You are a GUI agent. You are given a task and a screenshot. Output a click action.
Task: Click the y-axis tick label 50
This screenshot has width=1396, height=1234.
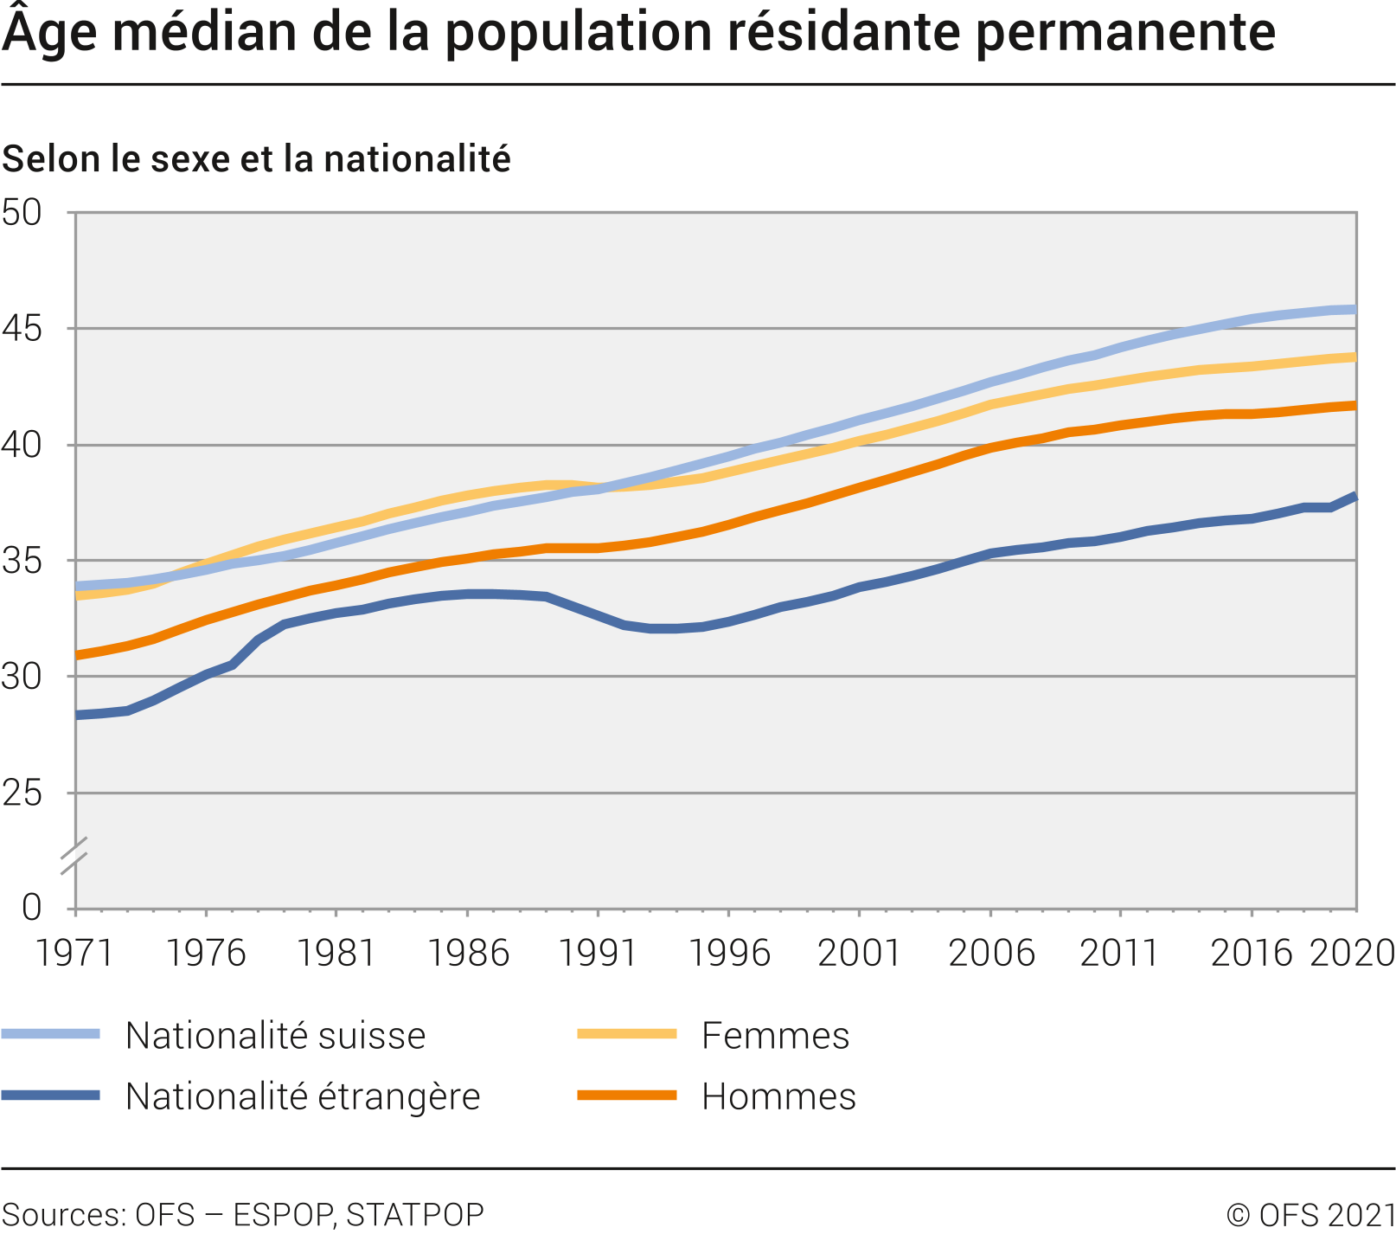point(22,213)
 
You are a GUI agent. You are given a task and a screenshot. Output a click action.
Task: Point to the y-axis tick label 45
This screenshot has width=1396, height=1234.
point(22,329)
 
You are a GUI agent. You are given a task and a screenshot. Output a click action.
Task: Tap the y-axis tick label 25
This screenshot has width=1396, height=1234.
point(22,793)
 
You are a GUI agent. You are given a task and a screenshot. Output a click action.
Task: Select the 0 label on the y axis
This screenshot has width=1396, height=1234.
point(31,907)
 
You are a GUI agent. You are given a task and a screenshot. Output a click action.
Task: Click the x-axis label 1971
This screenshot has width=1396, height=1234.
point(74,953)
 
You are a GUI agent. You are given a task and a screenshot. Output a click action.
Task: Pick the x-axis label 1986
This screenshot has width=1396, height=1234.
point(468,953)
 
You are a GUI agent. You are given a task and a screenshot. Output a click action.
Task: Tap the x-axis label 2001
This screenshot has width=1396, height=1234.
point(859,953)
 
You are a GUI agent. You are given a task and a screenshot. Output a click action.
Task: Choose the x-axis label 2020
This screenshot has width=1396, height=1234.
point(1352,953)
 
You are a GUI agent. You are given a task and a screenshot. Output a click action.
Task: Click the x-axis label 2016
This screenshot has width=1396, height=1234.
point(1251,953)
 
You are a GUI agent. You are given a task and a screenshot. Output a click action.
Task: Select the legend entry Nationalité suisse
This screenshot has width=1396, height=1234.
point(275,1036)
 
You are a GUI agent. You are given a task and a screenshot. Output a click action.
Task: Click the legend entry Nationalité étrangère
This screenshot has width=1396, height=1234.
point(302,1096)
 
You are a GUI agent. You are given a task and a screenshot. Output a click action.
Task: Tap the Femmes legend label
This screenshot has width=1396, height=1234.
point(775,1036)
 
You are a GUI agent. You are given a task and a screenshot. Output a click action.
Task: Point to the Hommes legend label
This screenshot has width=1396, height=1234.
point(778,1096)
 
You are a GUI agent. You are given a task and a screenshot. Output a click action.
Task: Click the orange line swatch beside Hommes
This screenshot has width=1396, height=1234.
point(626,1096)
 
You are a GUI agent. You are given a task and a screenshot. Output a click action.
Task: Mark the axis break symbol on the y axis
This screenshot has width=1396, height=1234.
point(75,855)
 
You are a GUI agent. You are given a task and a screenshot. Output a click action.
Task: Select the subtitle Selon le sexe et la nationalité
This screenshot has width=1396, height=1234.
point(256,159)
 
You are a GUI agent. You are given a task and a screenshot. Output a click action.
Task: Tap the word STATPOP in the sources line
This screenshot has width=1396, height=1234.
point(414,1215)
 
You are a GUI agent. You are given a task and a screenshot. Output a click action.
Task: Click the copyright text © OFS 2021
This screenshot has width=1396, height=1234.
point(1310,1215)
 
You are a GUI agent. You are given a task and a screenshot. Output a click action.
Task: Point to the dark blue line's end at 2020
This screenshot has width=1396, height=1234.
point(1354,497)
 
